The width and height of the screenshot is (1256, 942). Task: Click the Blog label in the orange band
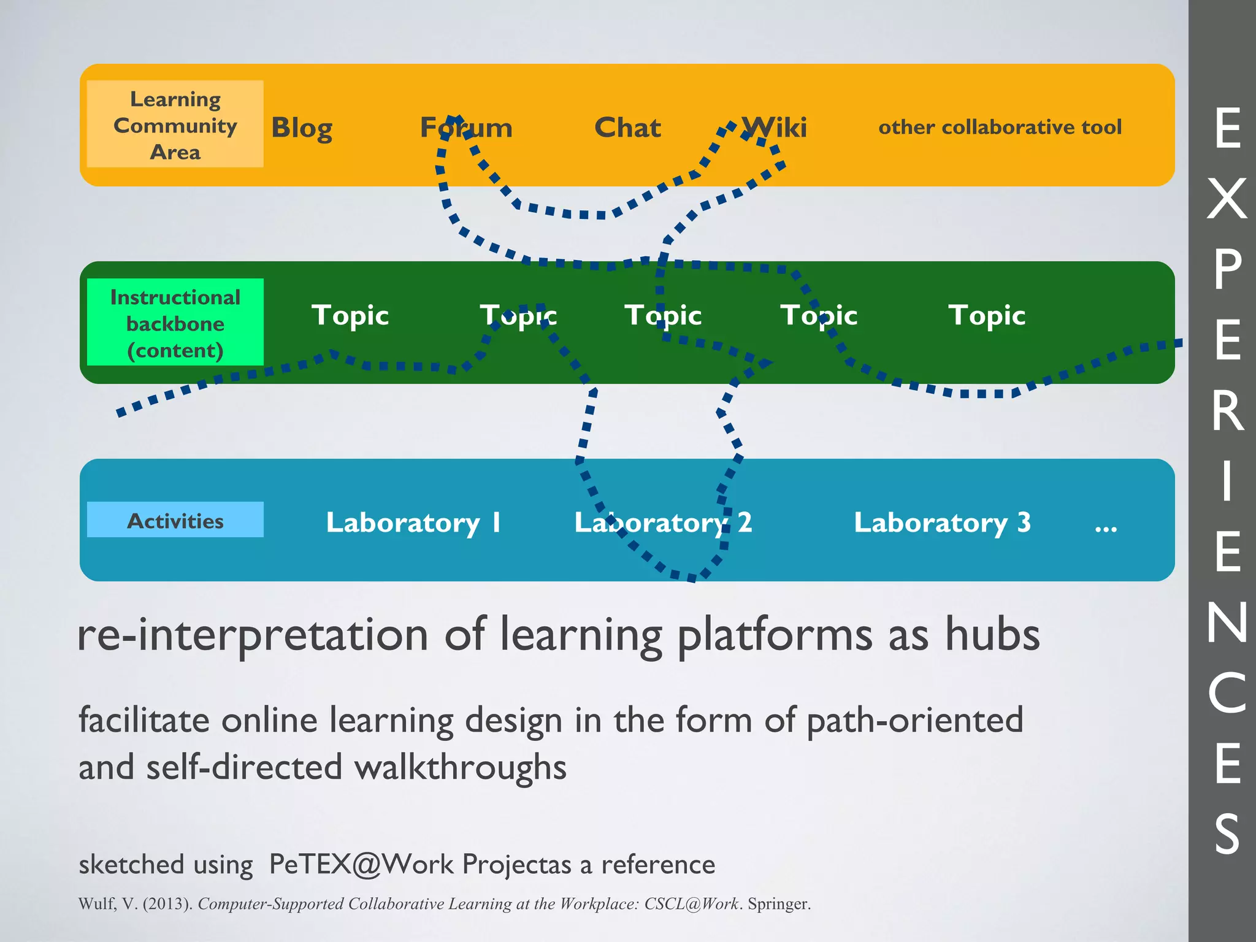tap(302, 128)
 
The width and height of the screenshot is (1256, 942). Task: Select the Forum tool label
tap(466, 128)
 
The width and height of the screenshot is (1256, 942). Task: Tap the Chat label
tap(627, 128)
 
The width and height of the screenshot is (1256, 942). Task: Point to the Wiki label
tap(774, 128)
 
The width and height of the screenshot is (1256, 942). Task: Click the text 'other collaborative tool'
tap(1000, 127)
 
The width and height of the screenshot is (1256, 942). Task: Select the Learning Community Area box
tap(175, 124)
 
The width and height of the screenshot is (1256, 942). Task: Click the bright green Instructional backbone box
tap(175, 323)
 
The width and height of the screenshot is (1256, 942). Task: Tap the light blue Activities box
tap(175, 520)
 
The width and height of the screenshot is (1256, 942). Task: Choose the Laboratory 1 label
tap(413, 523)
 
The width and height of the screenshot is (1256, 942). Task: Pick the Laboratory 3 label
tap(942, 523)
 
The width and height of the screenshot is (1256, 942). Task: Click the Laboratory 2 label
tap(662, 523)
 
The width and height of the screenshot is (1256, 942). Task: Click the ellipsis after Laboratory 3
tap(1106, 526)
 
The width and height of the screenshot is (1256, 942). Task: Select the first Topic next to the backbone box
tap(350, 315)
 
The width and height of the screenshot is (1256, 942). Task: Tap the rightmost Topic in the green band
tap(987, 315)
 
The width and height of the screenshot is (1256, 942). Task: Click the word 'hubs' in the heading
tap(992, 634)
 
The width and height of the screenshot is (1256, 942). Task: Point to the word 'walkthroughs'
tap(460, 767)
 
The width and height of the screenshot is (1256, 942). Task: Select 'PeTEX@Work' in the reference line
tap(362, 864)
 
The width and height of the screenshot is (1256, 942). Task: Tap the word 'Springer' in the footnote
tap(778, 904)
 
